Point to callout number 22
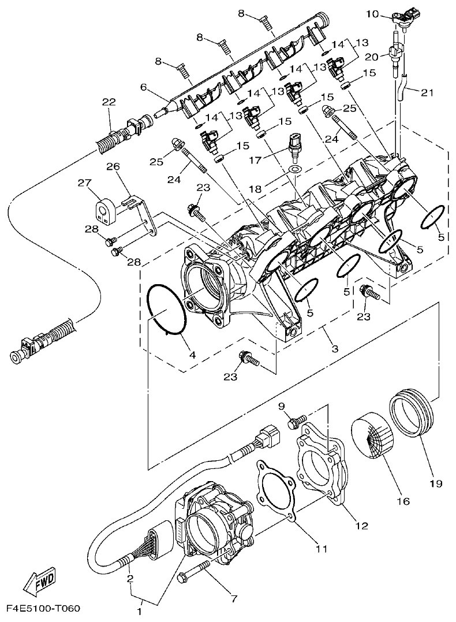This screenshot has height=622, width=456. coord(109,102)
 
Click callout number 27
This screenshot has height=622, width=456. coord(85,184)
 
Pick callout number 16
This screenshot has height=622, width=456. coord(403,501)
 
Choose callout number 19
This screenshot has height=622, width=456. coord(435,484)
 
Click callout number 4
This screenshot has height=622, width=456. coord(193,355)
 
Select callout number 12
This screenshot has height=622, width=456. coord(362,526)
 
